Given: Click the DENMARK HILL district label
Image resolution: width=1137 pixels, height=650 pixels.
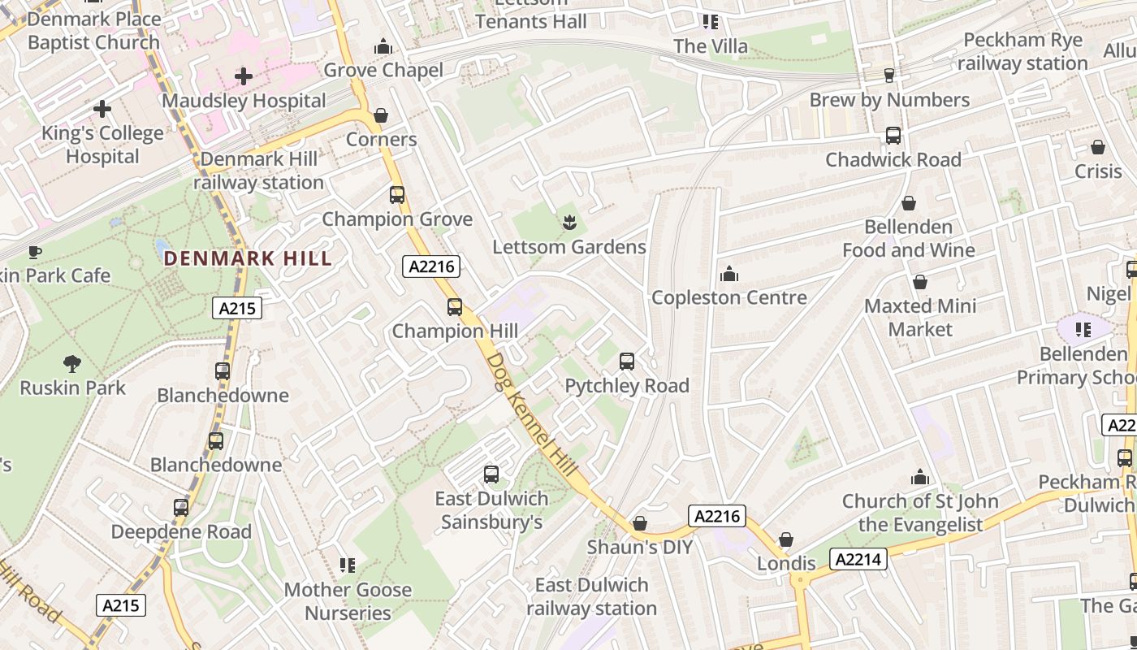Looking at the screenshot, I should (x=248, y=259).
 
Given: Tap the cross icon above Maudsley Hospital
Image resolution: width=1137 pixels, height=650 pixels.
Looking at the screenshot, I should (x=243, y=77).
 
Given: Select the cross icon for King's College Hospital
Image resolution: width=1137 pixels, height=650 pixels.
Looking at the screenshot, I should (x=102, y=108).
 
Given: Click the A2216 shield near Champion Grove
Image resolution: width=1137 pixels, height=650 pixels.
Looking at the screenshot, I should (x=431, y=266).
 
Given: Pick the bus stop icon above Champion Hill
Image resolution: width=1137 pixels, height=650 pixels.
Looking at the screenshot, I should (x=455, y=307).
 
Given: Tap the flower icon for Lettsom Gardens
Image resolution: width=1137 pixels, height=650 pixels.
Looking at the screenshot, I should (x=569, y=222).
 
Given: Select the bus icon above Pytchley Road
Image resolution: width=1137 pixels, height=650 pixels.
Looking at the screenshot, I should (x=627, y=362).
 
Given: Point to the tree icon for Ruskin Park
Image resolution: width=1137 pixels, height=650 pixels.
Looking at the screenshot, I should (x=72, y=363).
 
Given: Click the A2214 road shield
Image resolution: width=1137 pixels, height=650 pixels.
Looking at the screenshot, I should (x=858, y=559).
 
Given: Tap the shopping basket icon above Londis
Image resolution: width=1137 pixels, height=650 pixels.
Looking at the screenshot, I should (x=786, y=539).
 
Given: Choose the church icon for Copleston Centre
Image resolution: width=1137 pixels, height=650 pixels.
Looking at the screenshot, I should (x=729, y=274).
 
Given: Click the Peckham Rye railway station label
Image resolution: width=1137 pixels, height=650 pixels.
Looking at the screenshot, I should (x=1022, y=52).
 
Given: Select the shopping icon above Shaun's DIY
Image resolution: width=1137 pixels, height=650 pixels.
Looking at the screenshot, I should (x=640, y=523).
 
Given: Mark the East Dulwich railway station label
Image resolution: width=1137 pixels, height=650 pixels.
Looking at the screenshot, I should (x=591, y=596).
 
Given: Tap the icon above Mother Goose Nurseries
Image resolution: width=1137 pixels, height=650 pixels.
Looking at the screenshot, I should (x=348, y=565).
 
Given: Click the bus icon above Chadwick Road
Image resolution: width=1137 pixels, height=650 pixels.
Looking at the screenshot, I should (x=893, y=136).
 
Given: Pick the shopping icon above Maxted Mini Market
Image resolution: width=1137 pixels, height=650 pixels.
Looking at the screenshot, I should (x=920, y=282).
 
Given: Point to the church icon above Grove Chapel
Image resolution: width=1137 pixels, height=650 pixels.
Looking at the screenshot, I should (x=383, y=46).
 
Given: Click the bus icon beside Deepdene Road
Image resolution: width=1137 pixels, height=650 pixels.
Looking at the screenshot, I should (x=181, y=508).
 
